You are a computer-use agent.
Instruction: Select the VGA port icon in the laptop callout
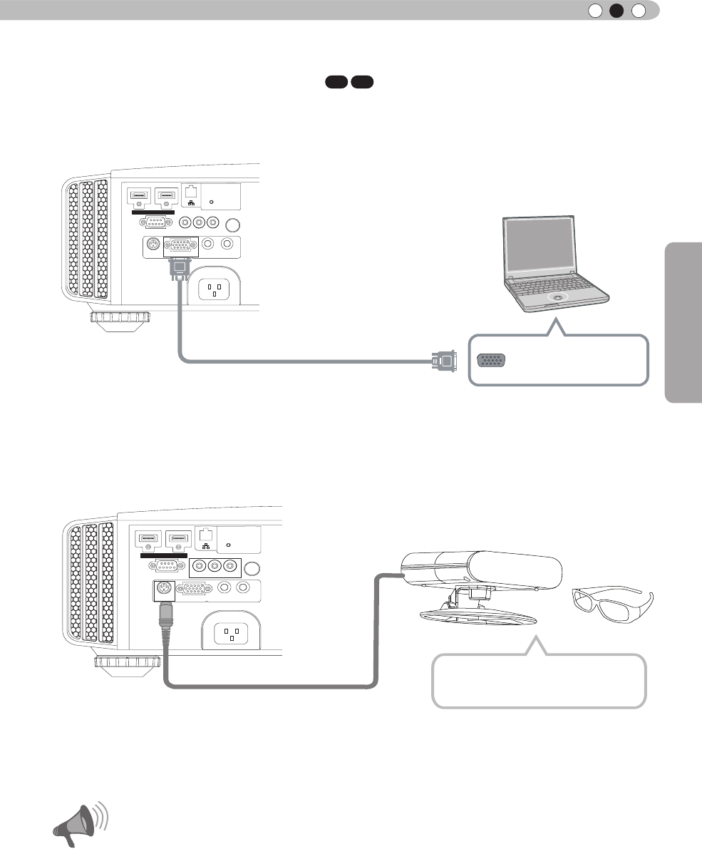click(491, 361)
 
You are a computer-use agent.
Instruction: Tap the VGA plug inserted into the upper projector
click(180, 269)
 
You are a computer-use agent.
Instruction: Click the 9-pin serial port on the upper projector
click(153, 222)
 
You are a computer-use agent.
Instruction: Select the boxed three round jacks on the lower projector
click(212, 567)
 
